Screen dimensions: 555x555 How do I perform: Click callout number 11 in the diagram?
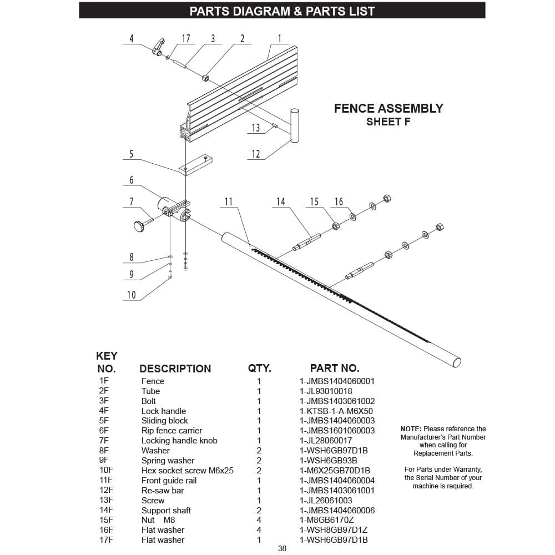229,202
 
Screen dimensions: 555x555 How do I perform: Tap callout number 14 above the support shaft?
281,202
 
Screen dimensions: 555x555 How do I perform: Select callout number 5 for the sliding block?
132,154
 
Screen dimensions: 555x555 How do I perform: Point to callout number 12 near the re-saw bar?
256,154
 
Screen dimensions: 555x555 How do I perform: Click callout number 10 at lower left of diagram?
132,295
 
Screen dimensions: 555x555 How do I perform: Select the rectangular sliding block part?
197,165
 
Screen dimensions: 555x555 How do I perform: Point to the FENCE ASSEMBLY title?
389,108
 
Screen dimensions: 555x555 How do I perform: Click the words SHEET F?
388,122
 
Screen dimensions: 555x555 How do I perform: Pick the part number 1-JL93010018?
326,391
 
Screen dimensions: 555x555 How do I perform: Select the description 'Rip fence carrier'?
171,431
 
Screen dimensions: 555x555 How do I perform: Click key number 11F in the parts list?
105,481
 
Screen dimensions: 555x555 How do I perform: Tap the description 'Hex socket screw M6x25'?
187,471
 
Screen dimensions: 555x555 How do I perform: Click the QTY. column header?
259,368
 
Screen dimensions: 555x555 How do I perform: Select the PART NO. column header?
334,368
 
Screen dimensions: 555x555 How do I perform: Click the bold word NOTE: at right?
411,429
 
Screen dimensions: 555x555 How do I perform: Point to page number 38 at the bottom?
282,549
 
